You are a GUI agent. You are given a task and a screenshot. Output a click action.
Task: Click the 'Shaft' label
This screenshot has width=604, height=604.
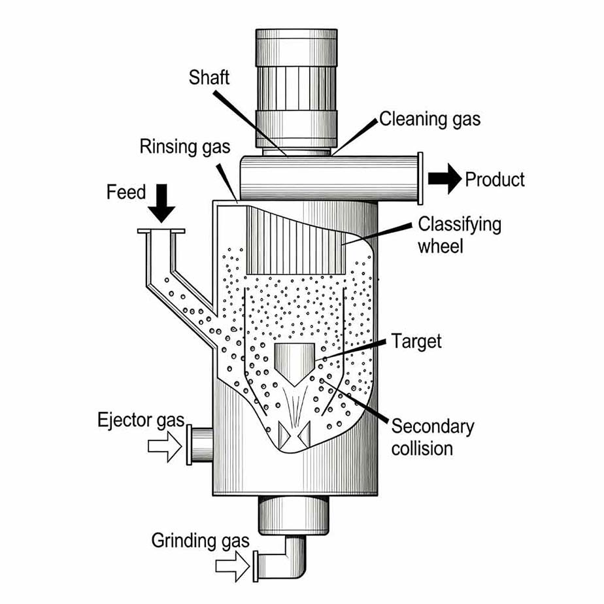click(x=209, y=77)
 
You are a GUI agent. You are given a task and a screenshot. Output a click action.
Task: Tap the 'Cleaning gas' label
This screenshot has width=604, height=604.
click(x=429, y=119)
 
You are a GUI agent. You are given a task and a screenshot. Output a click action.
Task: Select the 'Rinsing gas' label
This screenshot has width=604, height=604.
click(x=185, y=146)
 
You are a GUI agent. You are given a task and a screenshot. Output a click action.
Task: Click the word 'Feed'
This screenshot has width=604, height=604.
click(x=126, y=193)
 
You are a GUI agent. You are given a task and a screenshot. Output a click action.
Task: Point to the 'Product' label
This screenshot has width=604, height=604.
click(x=494, y=179)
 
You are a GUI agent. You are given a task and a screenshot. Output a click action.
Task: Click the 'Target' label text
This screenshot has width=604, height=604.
click(x=416, y=341)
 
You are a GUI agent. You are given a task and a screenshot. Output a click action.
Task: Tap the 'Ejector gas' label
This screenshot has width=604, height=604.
click(x=141, y=420)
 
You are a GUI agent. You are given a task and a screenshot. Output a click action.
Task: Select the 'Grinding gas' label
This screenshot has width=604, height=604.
click(x=201, y=541)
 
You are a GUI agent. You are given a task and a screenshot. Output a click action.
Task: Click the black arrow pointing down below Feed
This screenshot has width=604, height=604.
click(x=161, y=203)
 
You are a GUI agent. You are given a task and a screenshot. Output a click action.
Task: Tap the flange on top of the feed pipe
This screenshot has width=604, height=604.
click(x=161, y=231)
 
